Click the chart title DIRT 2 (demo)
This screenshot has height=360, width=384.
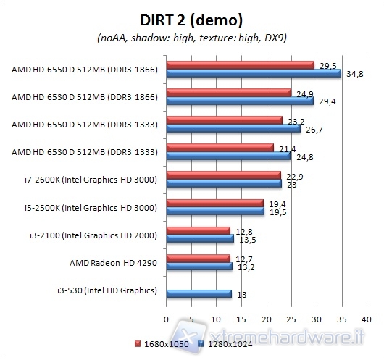pyautogui.click(x=191, y=20)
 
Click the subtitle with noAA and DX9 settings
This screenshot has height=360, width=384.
pyautogui.click(x=191, y=37)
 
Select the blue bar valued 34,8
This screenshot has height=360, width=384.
pyautogui.click(x=254, y=73)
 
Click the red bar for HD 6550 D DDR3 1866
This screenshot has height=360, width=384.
pyautogui.click(x=240, y=65)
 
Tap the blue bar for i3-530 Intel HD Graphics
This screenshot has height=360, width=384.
pyautogui.click(x=199, y=294)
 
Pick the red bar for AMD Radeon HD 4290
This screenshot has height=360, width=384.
pyautogui.click(x=199, y=257)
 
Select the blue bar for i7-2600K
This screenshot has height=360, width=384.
pyautogui.click(x=224, y=184)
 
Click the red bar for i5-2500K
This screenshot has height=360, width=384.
pyautogui.click(x=215, y=204)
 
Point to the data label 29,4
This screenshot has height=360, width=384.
pyautogui.click(x=323, y=102)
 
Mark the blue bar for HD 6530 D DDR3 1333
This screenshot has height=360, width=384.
pyautogui.click(x=228, y=156)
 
